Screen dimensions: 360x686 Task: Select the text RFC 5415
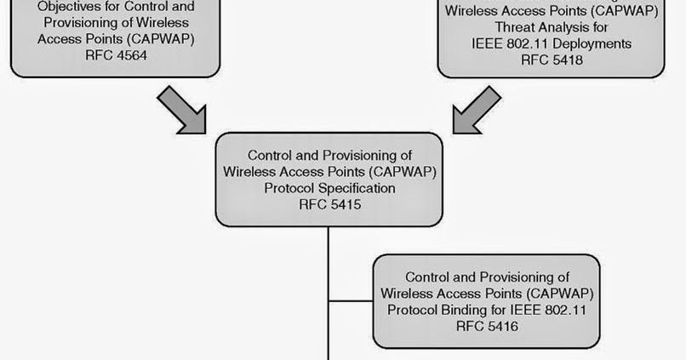coord(329,204)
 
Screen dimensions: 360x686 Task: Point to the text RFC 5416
coord(487,325)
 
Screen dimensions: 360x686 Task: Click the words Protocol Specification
coord(329,188)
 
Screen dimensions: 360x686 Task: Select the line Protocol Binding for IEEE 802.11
coord(487,309)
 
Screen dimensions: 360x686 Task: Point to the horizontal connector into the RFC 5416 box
coord(351,301)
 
